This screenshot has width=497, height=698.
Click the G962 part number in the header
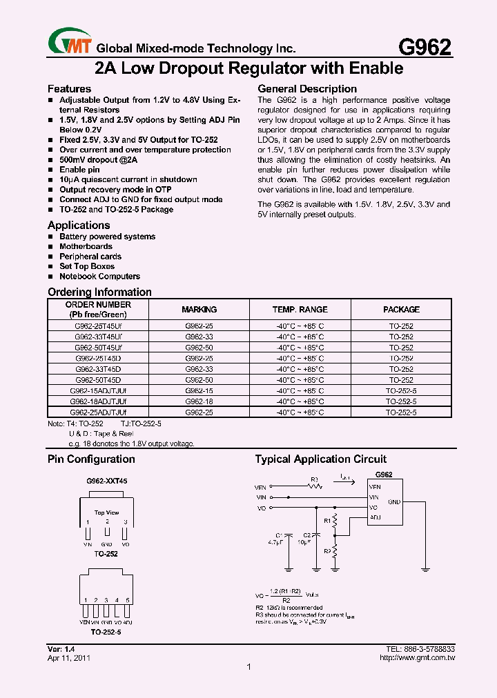point(425,46)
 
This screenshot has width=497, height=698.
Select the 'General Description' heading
point(307,89)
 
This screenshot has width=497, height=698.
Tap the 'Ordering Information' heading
point(99,292)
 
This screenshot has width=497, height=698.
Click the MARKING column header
point(199,310)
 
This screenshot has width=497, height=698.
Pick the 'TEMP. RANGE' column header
point(300,310)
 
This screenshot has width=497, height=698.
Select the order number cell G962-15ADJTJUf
point(98,390)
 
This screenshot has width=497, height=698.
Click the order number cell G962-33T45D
point(98,369)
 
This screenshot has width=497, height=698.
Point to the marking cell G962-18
point(199,401)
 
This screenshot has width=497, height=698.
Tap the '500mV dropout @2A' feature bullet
point(99,159)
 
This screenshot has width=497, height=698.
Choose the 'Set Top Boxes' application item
point(87,266)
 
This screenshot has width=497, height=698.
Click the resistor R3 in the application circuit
point(315,486)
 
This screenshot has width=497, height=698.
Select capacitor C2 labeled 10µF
point(315,536)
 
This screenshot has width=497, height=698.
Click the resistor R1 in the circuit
point(335,520)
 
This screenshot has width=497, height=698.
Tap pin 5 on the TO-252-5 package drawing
point(128,610)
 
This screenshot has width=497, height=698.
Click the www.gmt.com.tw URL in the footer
point(417,658)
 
